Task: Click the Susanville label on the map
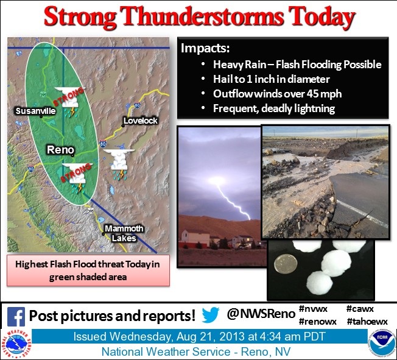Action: (36, 111)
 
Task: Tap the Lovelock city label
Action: (141, 121)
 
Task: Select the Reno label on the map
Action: (60, 150)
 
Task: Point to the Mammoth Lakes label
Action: (124, 233)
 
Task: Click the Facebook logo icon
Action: (16, 316)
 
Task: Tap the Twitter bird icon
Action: (211, 315)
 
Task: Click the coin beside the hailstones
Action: (285, 264)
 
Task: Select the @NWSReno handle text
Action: (261, 314)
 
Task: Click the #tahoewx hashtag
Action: (367, 322)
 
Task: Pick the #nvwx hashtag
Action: (313, 309)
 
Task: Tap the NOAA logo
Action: (382, 344)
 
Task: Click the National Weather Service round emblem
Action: (16, 344)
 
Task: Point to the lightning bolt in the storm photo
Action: (232, 199)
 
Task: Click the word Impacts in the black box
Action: (205, 48)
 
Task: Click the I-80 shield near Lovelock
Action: (137, 105)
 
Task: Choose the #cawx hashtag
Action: (360, 309)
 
